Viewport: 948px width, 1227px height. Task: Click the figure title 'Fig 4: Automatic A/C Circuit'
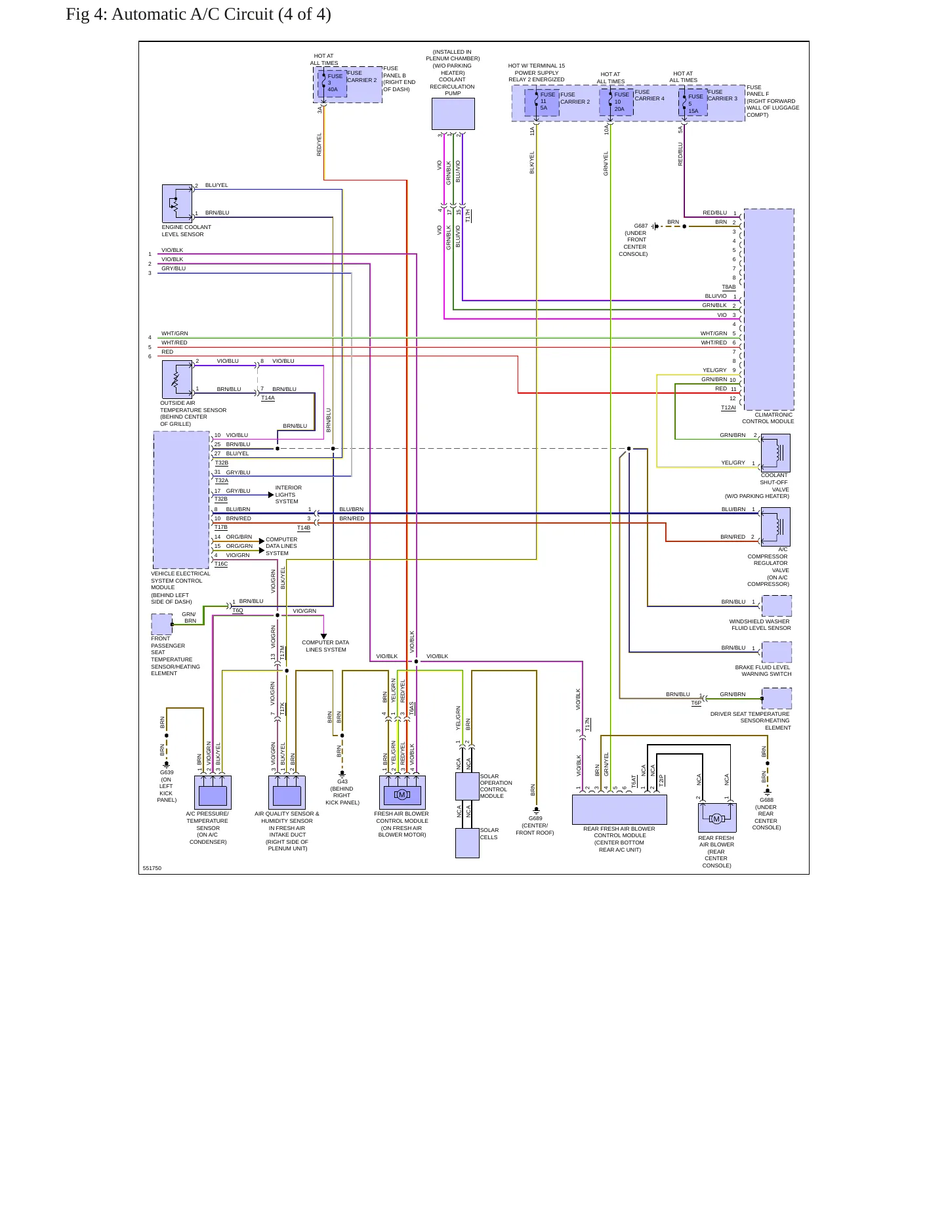tap(169, 14)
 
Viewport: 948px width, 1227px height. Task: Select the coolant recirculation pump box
tap(453, 114)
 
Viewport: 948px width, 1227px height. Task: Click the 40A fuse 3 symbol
tap(332, 83)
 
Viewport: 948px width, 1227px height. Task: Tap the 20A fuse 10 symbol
tap(616, 102)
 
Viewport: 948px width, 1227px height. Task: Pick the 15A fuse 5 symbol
tap(693, 103)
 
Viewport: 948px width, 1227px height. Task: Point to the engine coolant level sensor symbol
tap(177, 203)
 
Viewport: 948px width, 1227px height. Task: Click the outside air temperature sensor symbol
tap(177, 379)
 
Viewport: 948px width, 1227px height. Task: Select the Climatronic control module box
tap(769, 309)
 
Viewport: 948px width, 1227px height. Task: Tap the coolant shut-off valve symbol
tap(775, 453)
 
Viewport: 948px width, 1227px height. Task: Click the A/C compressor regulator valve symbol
tap(775, 527)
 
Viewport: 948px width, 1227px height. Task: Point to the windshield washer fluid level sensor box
tap(777, 606)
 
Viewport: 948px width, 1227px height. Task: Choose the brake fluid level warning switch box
tap(777, 652)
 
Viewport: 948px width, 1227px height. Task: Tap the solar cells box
tap(467, 842)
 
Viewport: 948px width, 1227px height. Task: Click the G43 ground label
tap(342, 781)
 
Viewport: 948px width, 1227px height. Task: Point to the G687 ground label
tap(641, 226)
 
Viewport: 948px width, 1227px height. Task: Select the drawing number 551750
tap(152, 868)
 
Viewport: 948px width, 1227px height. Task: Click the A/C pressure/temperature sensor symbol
tap(213, 793)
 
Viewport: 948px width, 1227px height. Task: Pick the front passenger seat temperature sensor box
tap(162, 624)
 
